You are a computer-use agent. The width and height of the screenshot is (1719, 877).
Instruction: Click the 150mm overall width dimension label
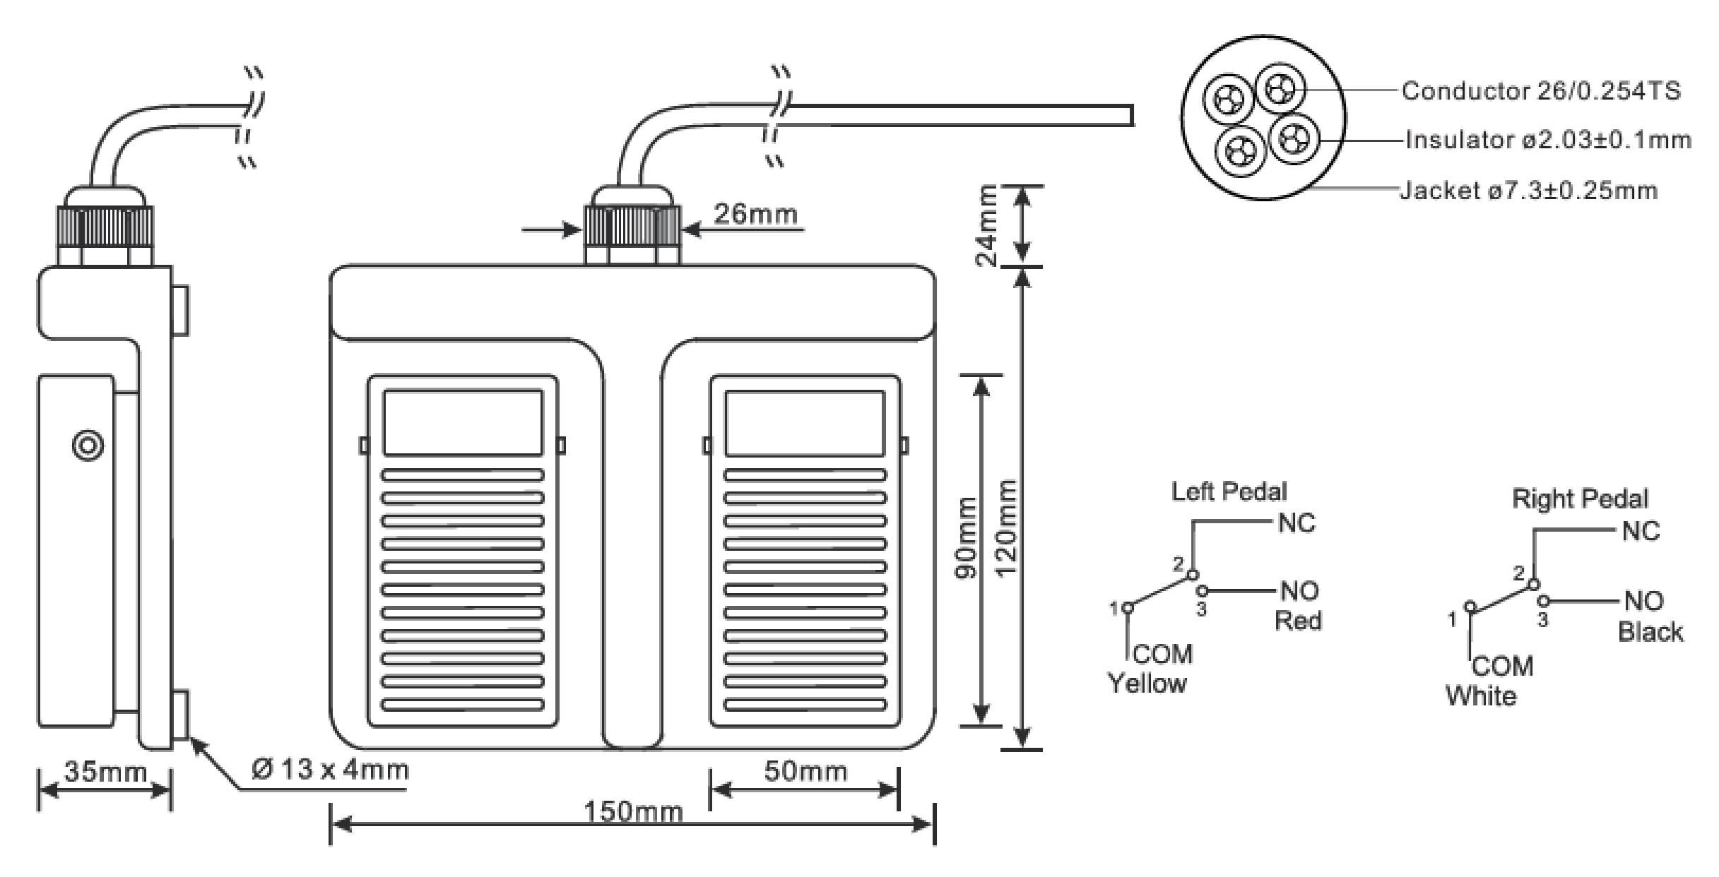tap(633, 812)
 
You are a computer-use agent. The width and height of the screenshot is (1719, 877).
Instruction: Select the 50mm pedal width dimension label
tap(805, 771)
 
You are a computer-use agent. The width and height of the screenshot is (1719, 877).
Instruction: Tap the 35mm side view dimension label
tap(105, 771)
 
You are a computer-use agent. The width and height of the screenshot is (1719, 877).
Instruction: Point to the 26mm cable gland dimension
tap(755, 213)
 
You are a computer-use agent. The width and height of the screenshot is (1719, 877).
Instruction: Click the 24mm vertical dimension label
tap(987, 225)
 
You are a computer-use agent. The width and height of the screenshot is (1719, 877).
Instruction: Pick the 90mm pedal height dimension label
tap(966, 538)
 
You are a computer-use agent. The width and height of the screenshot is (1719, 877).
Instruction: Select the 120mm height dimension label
tap(1005, 527)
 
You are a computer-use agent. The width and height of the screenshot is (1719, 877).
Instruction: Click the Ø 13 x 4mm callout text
tap(330, 769)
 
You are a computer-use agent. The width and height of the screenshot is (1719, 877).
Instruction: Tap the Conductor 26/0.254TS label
tap(1541, 91)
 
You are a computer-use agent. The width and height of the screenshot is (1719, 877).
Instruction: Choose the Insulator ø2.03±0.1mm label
tap(1548, 141)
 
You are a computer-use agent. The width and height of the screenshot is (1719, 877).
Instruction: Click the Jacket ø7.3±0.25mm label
tap(1528, 191)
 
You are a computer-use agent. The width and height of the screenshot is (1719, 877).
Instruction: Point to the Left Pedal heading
tap(1229, 491)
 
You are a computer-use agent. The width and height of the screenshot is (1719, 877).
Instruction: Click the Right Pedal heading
tap(1580, 499)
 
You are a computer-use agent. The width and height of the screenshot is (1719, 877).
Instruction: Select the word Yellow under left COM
tap(1147, 683)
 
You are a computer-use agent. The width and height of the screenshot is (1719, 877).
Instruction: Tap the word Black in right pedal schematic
tap(1650, 631)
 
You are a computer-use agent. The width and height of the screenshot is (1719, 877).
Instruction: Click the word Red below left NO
tap(1298, 621)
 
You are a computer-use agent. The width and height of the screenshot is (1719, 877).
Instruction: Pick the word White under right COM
tap(1481, 696)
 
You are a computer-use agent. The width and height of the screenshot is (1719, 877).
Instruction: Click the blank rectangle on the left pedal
tap(463, 423)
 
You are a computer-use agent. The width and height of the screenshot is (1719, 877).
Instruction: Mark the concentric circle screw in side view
tap(88, 446)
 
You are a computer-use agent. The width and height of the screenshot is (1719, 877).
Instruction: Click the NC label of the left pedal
tap(1296, 523)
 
